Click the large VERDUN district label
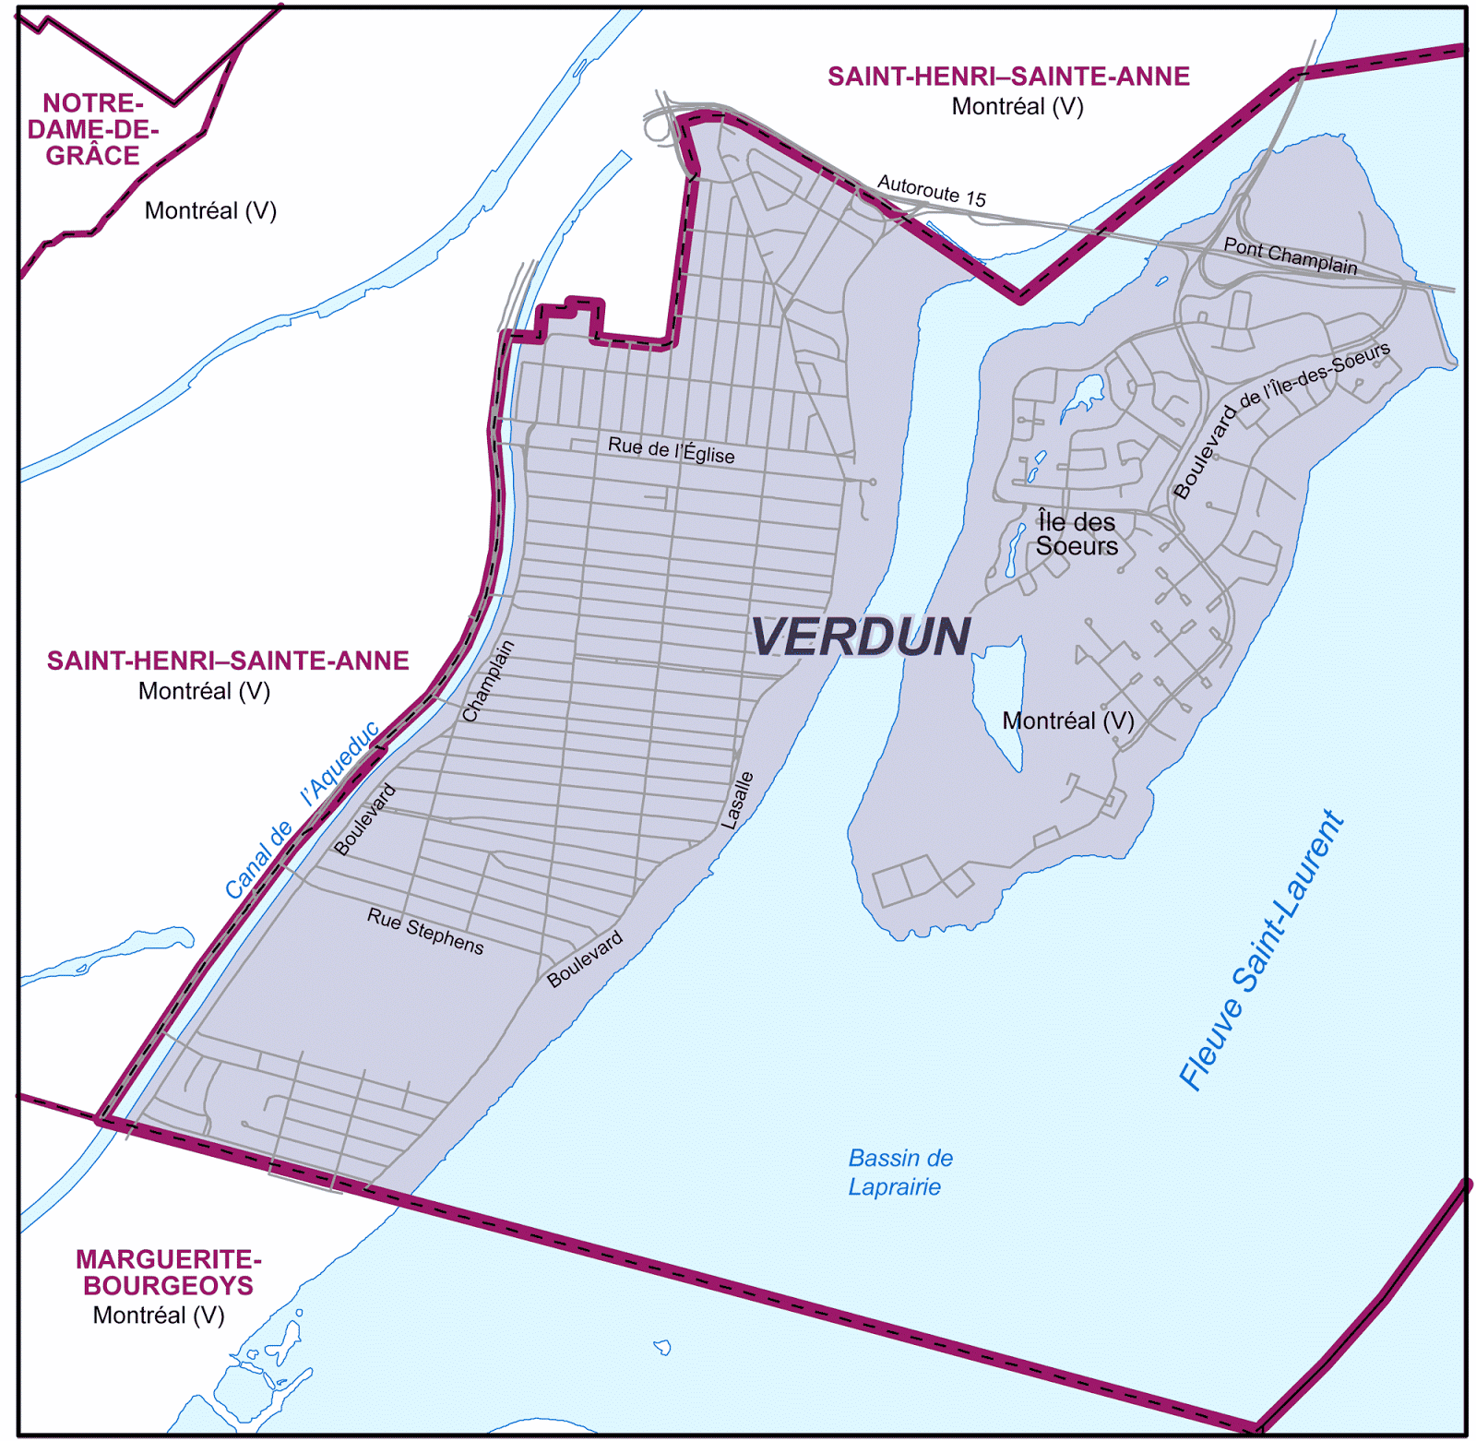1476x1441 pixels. (861, 637)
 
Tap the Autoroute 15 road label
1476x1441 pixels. (931, 191)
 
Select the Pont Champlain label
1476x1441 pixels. (1290, 256)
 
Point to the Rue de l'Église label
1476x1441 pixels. (671, 450)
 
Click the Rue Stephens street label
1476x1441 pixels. (425, 931)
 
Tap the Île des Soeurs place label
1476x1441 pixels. (1076, 534)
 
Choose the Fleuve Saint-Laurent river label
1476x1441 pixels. (1261, 950)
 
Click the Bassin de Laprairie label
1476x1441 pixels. (899, 1172)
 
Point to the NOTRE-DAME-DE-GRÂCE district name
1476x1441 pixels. (92, 129)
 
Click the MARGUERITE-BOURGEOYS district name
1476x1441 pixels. (168, 1272)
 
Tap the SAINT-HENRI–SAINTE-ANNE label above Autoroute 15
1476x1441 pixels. (1007, 77)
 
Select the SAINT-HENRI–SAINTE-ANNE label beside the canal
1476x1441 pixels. (228, 661)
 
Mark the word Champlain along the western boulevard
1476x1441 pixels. (488, 681)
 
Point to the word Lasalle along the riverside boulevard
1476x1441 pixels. (737, 800)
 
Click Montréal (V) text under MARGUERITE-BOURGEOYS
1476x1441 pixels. (159, 1315)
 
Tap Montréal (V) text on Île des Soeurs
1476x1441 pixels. (1067, 720)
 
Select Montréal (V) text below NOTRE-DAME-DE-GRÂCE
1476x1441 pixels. (210, 210)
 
